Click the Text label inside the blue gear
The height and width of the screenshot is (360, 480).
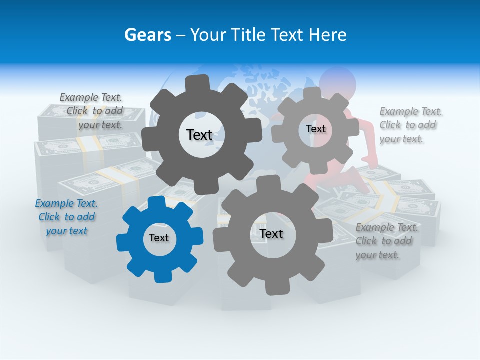159,238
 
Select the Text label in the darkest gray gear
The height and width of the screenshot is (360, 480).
199,135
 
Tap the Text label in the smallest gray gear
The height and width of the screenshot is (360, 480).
315,129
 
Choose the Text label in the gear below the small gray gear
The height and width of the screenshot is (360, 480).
271,234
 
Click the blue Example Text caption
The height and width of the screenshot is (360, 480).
66,217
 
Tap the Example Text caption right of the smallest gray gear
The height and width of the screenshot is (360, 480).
410,125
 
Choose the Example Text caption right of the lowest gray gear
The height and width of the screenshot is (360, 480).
386,241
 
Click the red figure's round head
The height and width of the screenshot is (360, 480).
338,80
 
